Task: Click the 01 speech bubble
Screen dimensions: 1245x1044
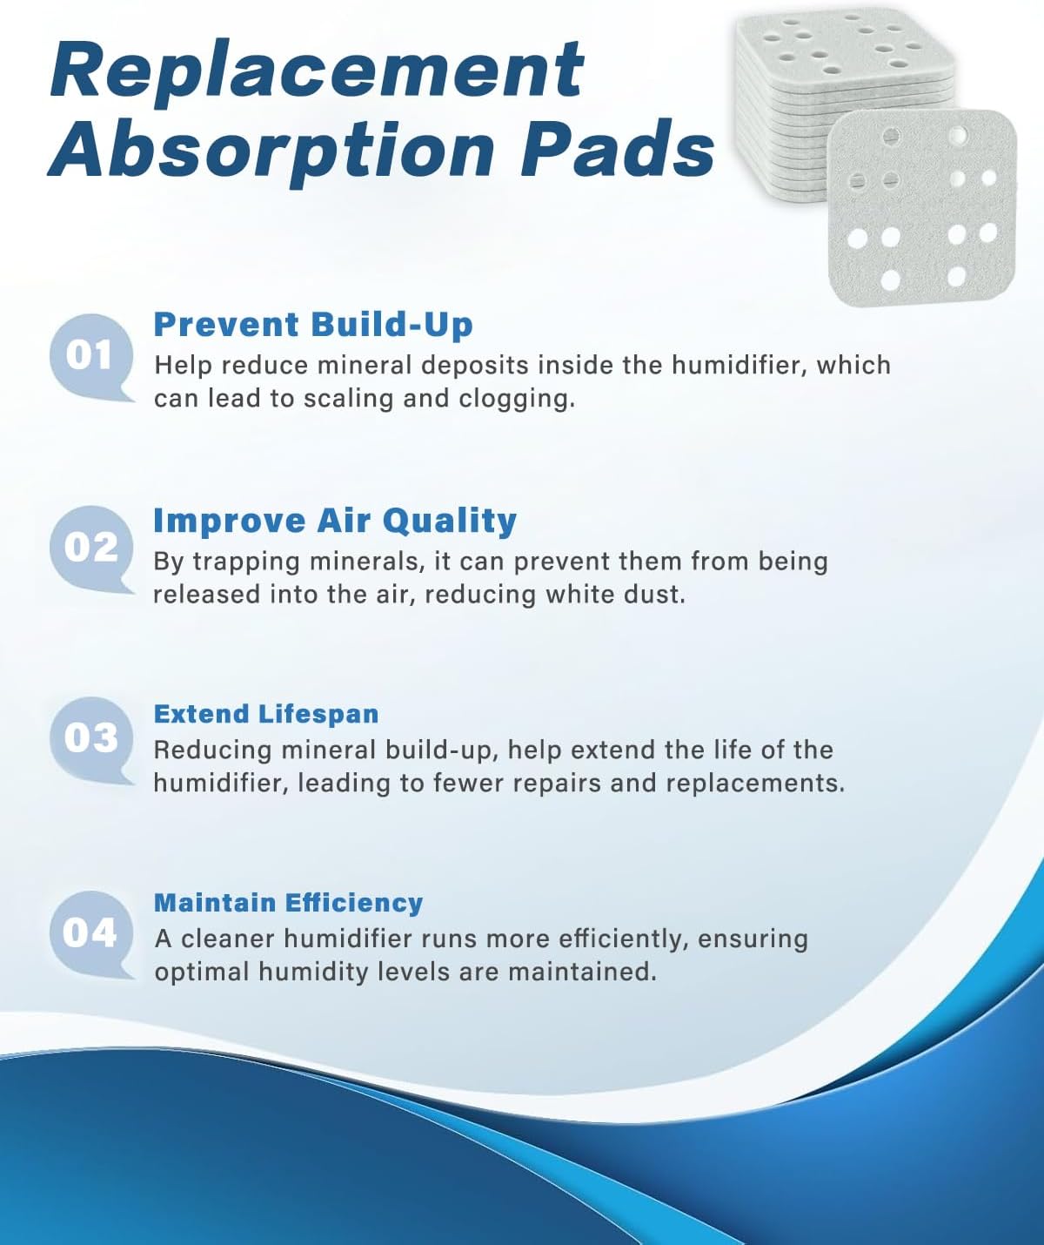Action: [90, 356]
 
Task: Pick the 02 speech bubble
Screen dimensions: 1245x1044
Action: [90, 548]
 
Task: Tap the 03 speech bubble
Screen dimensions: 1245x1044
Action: [90, 738]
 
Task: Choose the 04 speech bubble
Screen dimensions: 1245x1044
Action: [90, 933]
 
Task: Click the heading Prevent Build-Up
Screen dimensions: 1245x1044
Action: [313, 325]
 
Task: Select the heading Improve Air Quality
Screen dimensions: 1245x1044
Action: [335, 521]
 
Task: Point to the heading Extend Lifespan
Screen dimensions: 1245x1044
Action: [266, 714]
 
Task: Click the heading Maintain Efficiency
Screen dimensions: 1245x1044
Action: [288, 903]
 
